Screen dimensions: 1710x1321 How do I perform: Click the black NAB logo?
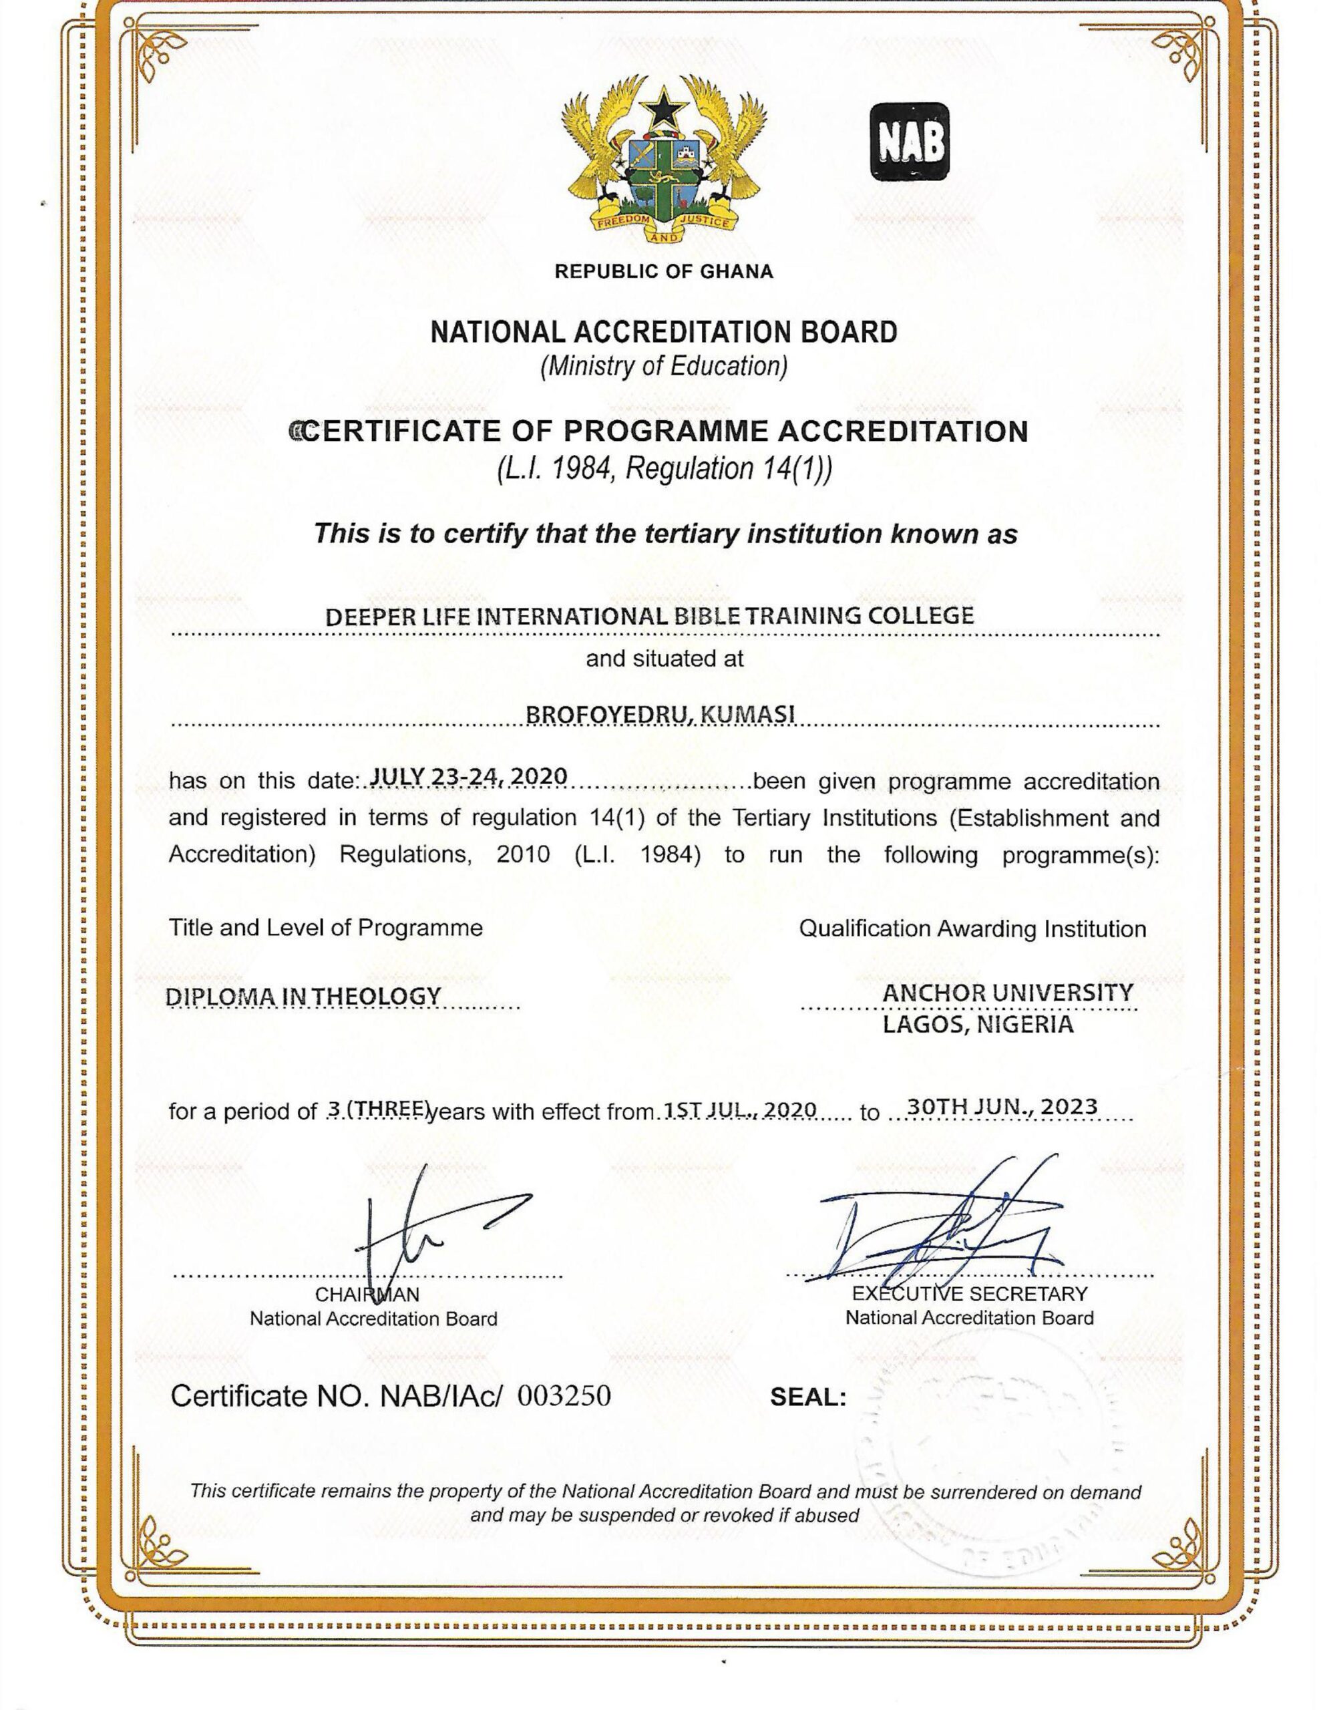click(x=910, y=141)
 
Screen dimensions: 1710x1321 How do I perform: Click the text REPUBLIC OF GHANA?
click(x=664, y=272)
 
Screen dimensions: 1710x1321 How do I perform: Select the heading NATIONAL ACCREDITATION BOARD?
click(x=664, y=332)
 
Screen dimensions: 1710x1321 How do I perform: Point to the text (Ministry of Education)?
click(x=664, y=365)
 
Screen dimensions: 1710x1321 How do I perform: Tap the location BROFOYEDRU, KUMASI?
click(x=660, y=714)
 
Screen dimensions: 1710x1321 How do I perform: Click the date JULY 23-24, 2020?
click(x=468, y=776)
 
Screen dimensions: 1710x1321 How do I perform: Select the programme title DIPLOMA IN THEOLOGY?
click(x=304, y=997)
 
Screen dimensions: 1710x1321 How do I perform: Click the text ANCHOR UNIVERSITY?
click(x=1008, y=993)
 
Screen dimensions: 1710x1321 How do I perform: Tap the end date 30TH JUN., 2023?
click(x=1002, y=1107)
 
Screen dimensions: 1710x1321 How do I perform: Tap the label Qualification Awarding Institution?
click(x=972, y=928)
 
